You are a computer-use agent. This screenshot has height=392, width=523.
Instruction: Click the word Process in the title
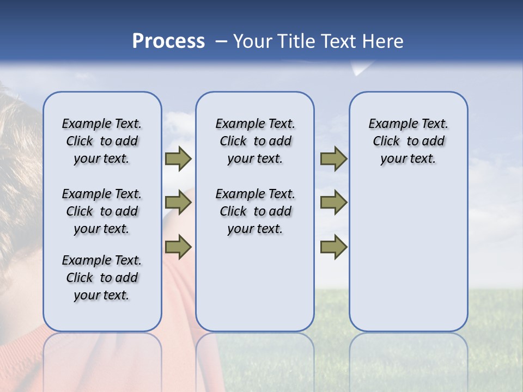[x=168, y=41]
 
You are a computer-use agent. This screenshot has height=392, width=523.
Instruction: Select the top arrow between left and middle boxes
[x=178, y=158]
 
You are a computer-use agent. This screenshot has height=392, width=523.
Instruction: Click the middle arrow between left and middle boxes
[x=178, y=203]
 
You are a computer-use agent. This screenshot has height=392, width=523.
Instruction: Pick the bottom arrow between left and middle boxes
[x=178, y=247]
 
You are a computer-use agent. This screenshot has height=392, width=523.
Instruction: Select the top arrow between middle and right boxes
[x=333, y=158]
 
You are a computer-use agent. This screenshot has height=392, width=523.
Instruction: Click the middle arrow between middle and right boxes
[x=333, y=203]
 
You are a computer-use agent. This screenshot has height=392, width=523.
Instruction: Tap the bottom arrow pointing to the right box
[x=333, y=247]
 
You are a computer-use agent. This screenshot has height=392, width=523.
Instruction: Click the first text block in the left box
[x=102, y=141]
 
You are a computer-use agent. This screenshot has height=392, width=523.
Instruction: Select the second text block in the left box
[x=102, y=211]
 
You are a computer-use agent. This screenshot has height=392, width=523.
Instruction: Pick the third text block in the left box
[x=102, y=278]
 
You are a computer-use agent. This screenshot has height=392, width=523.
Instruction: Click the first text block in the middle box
[x=255, y=141]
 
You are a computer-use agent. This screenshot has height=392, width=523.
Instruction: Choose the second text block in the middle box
[x=255, y=211]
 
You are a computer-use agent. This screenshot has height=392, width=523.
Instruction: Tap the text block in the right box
[x=408, y=141]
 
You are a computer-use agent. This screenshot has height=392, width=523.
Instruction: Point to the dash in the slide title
[x=221, y=41]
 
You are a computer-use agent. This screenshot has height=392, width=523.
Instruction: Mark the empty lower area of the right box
[x=408, y=256]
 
